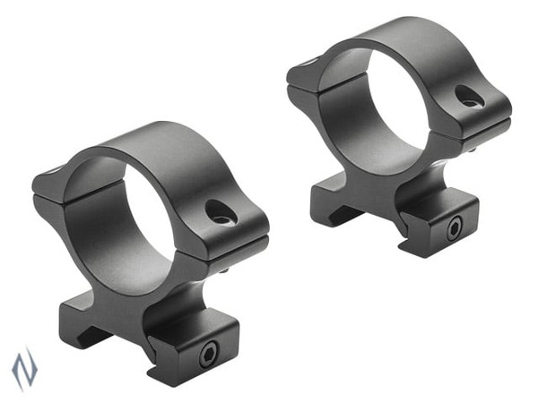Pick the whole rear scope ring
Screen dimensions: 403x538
tap(399, 134)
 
